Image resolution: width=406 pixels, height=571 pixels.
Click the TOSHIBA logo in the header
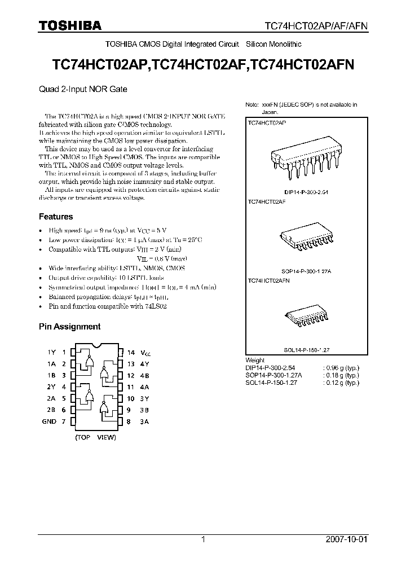[x=70, y=25]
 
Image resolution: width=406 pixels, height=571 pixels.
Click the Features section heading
[x=56, y=217]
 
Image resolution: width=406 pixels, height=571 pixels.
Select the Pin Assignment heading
[x=69, y=327]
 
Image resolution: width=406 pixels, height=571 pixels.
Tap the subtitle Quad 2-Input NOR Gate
[x=83, y=89]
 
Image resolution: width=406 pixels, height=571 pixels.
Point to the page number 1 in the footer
[x=203, y=539]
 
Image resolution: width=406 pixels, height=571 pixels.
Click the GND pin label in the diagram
[x=50, y=421]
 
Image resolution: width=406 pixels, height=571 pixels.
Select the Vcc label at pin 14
[x=147, y=352]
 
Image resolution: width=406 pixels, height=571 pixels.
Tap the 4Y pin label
[x=145, y=364]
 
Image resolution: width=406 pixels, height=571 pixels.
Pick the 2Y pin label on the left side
[x=51, y=387]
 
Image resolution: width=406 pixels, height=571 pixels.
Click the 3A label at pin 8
[x=145, y=421]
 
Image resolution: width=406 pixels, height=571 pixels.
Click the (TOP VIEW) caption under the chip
[x=95, y=437]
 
